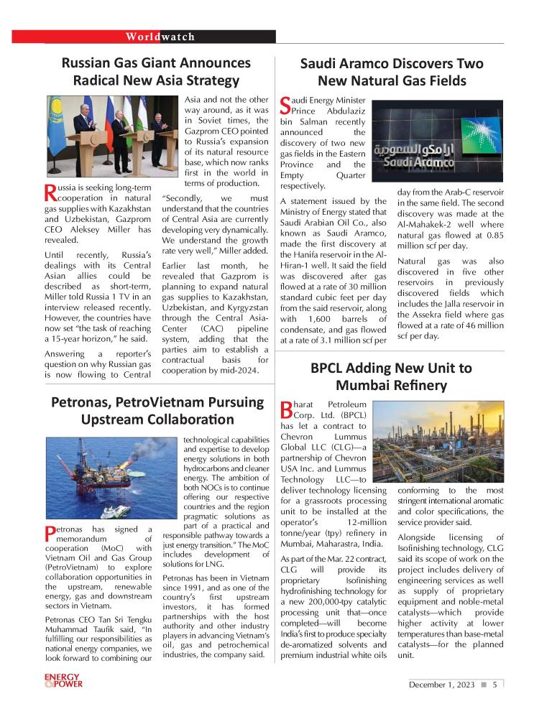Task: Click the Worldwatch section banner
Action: click(x=160, y=37)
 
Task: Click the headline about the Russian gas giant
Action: click(x=156, y=72)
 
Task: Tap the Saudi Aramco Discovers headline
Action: click(x=392, y=72)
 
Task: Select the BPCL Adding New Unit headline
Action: click(x=392, y=376)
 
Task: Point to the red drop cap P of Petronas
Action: click(x=49, y=535)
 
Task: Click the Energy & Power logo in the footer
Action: click(x=63, y=680)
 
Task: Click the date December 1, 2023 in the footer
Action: click(x=441, y=685)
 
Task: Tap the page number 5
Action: click(x=495, y=685)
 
